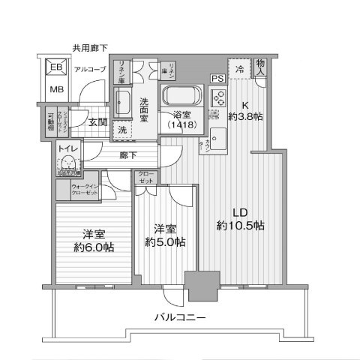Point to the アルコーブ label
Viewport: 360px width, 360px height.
pos(90,70)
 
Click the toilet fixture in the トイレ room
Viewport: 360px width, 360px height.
pos(69,163)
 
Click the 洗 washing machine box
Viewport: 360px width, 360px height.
pos(122,130)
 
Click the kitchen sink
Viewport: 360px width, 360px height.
pos(219,138)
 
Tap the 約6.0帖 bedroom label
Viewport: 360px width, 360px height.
pos(88,245)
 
